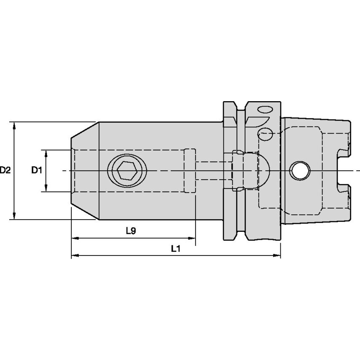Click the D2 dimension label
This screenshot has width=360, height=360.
(5, 170)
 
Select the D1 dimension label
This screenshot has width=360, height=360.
(37, 170)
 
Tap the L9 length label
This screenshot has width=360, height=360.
(131, 231)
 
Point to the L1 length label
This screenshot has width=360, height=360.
(176, 249)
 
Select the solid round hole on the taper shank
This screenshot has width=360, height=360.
(300, 171)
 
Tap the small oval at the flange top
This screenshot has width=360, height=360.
(265, 110)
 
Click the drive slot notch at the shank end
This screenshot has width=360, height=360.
(343, 171)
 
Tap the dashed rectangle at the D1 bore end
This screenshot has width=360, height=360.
(190, 170)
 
